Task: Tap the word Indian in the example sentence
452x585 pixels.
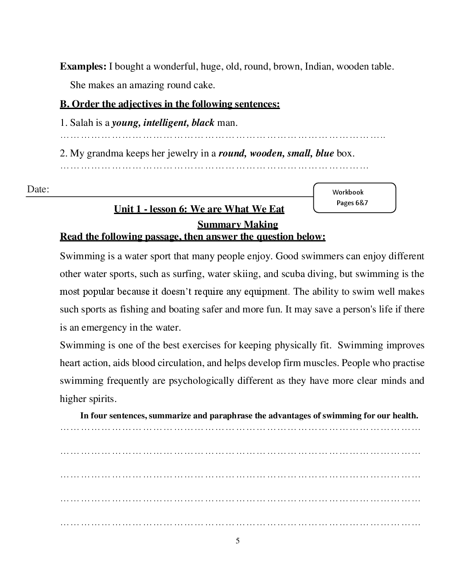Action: pyautogui.click(x=319, y=67)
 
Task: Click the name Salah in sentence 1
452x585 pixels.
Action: pyautogui.click(x=82, y=123)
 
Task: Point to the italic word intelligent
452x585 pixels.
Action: pyautogui.click(x=166, y=123)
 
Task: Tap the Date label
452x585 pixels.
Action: pyautogui.click(x=38, y=189)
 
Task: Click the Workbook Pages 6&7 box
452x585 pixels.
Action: pyautogui.click(x=355, y=198)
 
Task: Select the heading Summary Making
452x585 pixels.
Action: pyautogui.click(x=238, y=225)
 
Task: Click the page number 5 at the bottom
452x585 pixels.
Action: pyautogui.click(x=238, y=541)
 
